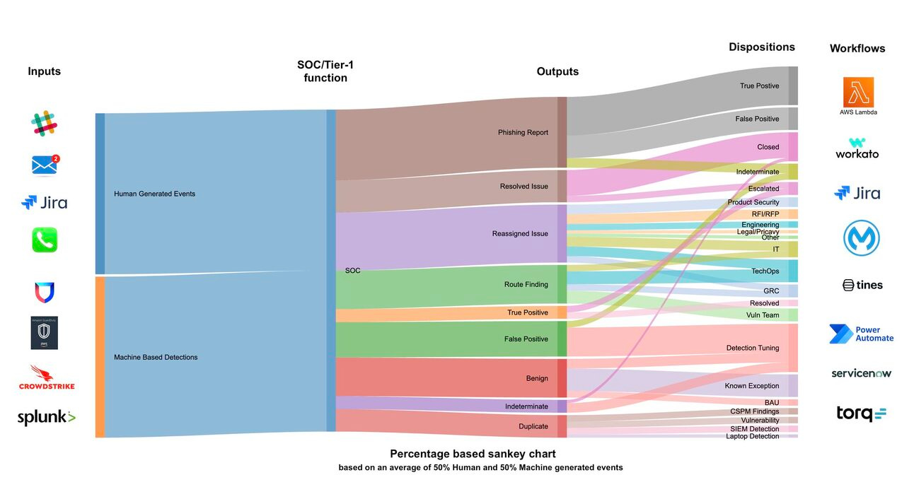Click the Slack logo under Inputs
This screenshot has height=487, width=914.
point(44,123)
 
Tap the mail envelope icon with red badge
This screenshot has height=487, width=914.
point(45,165)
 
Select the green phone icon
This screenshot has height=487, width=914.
point(45,240)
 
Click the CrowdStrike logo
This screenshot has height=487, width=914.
point(47,377)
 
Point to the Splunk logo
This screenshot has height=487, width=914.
point(46,417)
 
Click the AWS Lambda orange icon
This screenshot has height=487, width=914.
point(859,92)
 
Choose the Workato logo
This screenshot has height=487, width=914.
point(857,148)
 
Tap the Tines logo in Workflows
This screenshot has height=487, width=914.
point(862,285)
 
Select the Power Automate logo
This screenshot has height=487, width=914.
point(862,334)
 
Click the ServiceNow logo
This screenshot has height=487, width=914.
point(862,373)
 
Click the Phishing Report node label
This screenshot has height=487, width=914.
point(523,132)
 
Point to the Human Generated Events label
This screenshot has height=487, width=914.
point(154,194)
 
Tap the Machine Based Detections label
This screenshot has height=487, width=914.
point(156,358)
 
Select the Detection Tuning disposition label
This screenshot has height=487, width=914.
point(753,348)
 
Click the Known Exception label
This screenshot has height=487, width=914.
point(751,386)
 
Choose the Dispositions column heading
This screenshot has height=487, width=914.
point(762,47)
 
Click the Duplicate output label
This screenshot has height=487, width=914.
point(533,426)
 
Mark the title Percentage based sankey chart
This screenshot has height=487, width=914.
point(473,454)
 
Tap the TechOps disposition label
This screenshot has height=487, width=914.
point(765,271)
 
